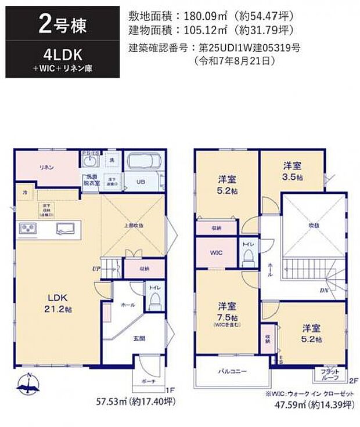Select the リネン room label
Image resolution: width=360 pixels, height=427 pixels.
coord(47,167)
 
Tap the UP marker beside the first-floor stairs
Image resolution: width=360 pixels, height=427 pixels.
coord(95,269)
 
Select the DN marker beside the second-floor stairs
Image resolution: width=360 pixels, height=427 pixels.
coord(323,291)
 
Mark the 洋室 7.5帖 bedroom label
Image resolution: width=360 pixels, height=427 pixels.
coord(227,312)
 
